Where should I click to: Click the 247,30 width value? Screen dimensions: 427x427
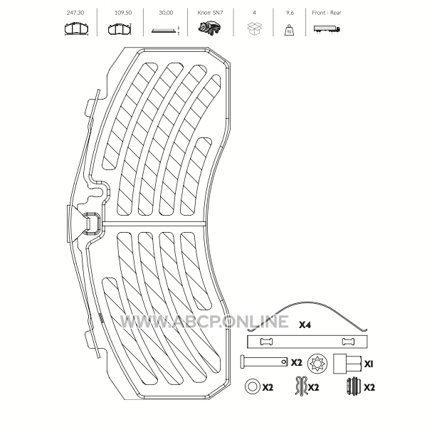coord(75,13)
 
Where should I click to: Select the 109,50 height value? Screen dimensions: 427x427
coord(123,13)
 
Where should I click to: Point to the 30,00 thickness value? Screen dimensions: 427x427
coord(166,13)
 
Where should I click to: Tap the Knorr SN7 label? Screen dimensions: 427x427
coord(210,13)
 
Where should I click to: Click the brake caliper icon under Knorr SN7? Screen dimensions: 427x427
coord(209,29)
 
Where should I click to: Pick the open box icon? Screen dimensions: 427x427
coord(254,28)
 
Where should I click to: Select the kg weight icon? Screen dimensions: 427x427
coord(289,30)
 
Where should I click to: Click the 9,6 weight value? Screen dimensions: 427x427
coord(290,13)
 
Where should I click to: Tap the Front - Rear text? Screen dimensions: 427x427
coord(327,13)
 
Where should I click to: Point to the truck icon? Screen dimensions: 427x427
coord(327,29)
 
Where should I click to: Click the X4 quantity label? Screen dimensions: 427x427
coord(305,325)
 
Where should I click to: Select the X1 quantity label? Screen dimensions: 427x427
coord(369,364)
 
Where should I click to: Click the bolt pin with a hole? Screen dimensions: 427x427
coord(264,362)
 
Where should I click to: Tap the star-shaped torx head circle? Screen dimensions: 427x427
coord(318,363)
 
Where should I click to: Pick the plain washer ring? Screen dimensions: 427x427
coord(252,386)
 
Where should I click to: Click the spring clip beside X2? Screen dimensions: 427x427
coord(302,386)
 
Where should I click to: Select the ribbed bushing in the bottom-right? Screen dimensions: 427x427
coord(354,386)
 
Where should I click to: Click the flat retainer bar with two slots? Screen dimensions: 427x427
coord(307,342)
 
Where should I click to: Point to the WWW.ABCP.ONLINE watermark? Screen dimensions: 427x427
coord(204,322)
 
